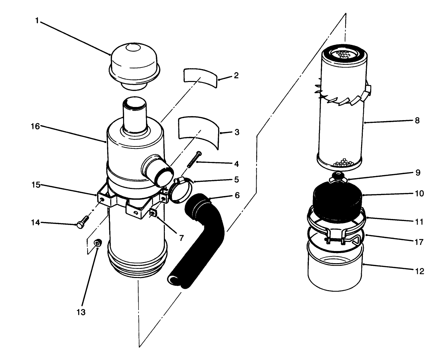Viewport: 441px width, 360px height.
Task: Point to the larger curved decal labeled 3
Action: pyautogui.click(x=198, y=131)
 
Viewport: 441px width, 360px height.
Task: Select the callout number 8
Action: pyautogui.click(x=417, y=120)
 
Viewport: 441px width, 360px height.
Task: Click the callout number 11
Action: pyautogui.click(x=419, y=222)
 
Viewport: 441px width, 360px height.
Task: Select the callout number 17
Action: pyautogui.click(x=419, y=242)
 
